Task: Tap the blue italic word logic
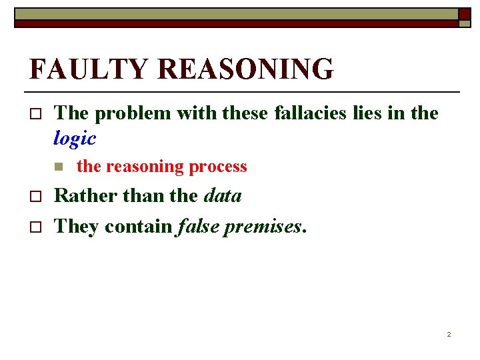pos(75,139)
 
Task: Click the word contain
pos(139,227)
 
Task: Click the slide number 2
pos(449,334)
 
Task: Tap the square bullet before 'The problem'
pos(36,114)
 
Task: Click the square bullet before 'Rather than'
pos(36,197)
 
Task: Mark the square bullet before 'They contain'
pos(36,227)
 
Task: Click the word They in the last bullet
pos(76,227)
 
